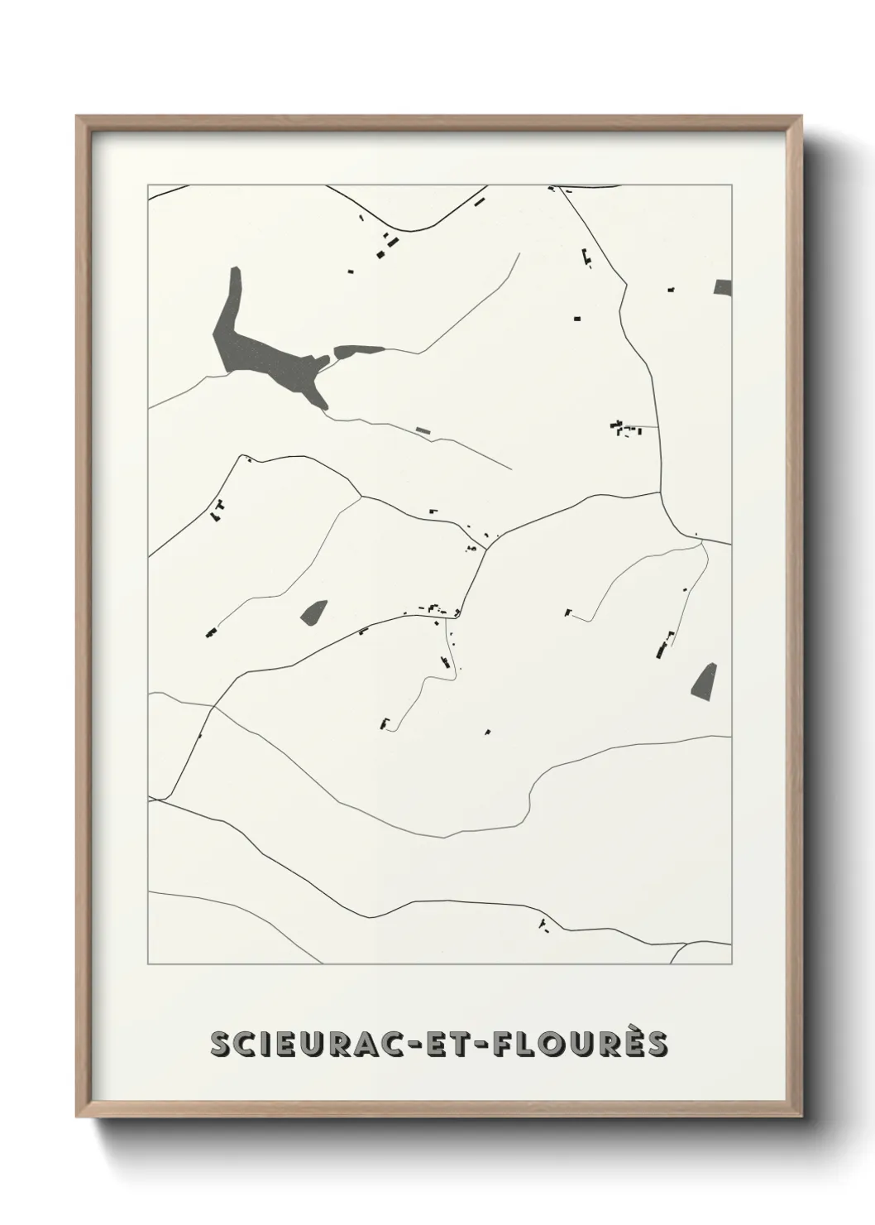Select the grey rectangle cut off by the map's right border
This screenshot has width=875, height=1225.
pyautogui.click(x=724, y=287)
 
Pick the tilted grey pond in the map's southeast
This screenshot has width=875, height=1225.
pyautogui.click(x=705, y=682)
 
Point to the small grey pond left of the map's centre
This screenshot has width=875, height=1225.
pyautogui.click(x=314, y=612)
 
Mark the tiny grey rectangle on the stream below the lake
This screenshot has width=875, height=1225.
pyautogui.click(x=423, y=430)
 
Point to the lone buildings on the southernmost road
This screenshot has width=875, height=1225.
pyautogui.click(x=543, y=925)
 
